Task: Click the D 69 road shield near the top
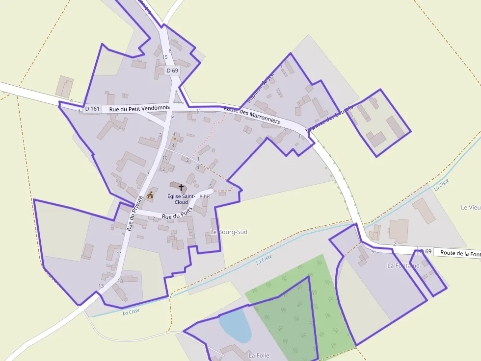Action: (173, 71)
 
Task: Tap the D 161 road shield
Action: (92, 109)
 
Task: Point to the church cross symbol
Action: (181, 187)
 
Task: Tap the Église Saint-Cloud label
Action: (181, 199)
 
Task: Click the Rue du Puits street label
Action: (177, 214)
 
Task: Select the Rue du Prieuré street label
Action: (134, 213)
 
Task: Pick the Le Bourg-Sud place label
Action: (229, 232)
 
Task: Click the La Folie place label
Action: (259, 355)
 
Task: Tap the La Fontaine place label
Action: (403, 265)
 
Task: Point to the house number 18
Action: (120, 281)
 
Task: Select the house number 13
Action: (101, 286)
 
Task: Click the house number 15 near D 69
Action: (165, 57)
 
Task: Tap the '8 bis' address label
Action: (205, 196)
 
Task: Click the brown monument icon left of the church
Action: (150, 195)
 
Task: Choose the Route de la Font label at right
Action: (460, 253)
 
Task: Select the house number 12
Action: (162, 169)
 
